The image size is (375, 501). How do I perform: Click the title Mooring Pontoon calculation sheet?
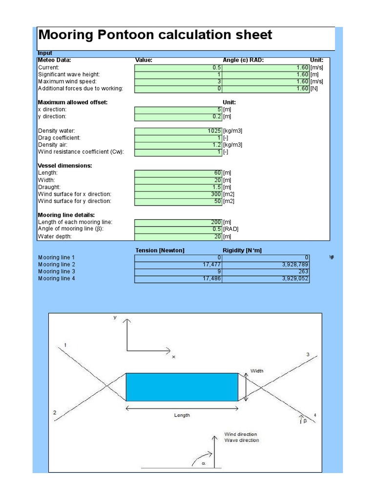click(x=155, y=35)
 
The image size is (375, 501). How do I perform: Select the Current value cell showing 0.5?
click(x=178, y=68)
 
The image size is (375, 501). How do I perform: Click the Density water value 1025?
click(x=178, y=131)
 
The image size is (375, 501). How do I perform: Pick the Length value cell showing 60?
click(x=178, y=173)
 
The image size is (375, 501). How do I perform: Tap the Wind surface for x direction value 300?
click(x=178, y=194)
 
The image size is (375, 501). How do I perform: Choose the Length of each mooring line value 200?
click(x=178, y=222)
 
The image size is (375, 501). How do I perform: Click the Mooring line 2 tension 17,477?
click(x=178, y=265)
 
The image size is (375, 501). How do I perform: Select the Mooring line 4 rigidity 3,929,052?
click(x=266, y=279)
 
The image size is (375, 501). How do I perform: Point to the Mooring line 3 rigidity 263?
click(x=266, y=272)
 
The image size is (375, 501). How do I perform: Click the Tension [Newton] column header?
click(x=160, y=250)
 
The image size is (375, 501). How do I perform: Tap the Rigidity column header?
click(x=242, y=250)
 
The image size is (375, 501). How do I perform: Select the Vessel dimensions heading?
click(x=65, y=166)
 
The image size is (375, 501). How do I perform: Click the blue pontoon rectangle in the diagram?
click(x=182, y=387)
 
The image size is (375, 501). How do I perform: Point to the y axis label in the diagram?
click(x=115, y=317)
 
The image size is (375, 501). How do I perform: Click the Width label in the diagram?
click(x=257, y=371)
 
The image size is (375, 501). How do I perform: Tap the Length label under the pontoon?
click(x=182, y=415)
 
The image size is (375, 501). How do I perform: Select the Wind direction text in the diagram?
click(x=241, y=434)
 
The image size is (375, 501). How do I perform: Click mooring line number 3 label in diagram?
click(x=308, y=354)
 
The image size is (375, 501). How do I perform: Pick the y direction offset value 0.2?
click(x=178, y=116)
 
